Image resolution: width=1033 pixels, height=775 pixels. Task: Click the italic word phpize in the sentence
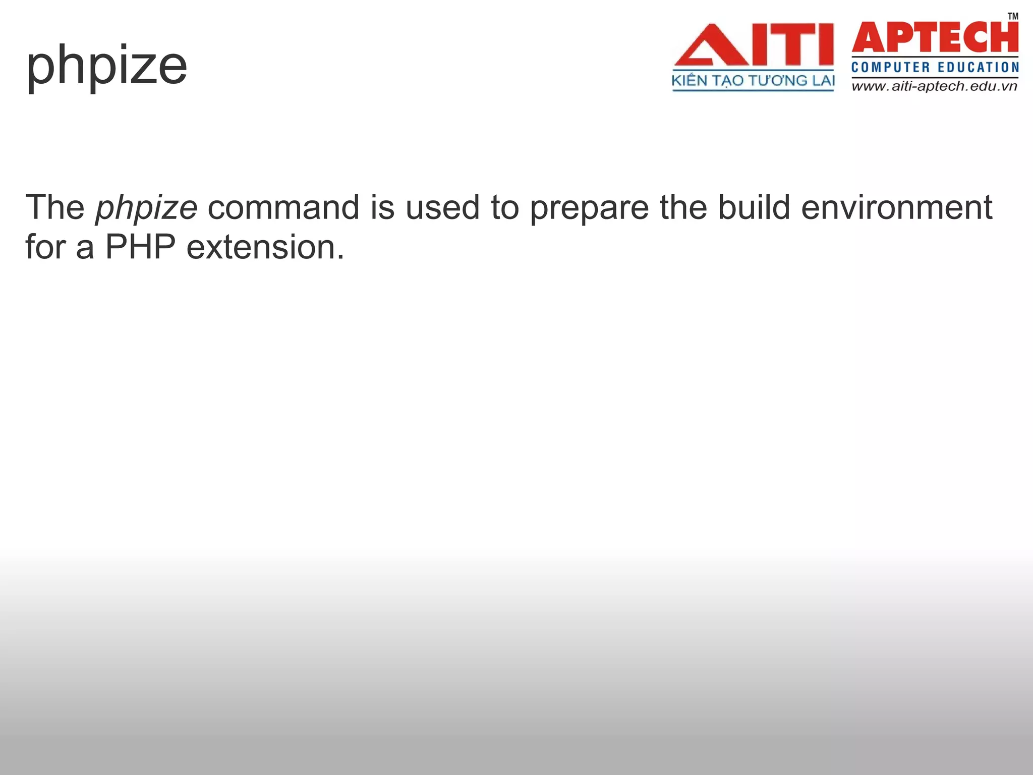coord(146,208)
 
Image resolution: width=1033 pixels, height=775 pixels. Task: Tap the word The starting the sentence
coord(55,207)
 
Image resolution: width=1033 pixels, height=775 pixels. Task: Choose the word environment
coord(896,207)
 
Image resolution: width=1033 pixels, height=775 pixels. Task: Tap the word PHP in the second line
coord(140,248)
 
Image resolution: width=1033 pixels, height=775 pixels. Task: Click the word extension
coord(265,248)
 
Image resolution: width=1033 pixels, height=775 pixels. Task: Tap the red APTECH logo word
coord(935,37)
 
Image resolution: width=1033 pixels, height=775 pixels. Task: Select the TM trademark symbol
coord(1013,16)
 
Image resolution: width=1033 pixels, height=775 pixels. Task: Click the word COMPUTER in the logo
coord(890,68)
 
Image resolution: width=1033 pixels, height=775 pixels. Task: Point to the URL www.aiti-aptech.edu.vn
coord(935,86)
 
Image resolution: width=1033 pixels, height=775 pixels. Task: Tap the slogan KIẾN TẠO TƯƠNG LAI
coord(753,81)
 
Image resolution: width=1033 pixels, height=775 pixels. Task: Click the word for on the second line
coord(45,248)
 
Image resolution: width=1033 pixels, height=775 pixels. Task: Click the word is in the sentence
coord(382,207)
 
